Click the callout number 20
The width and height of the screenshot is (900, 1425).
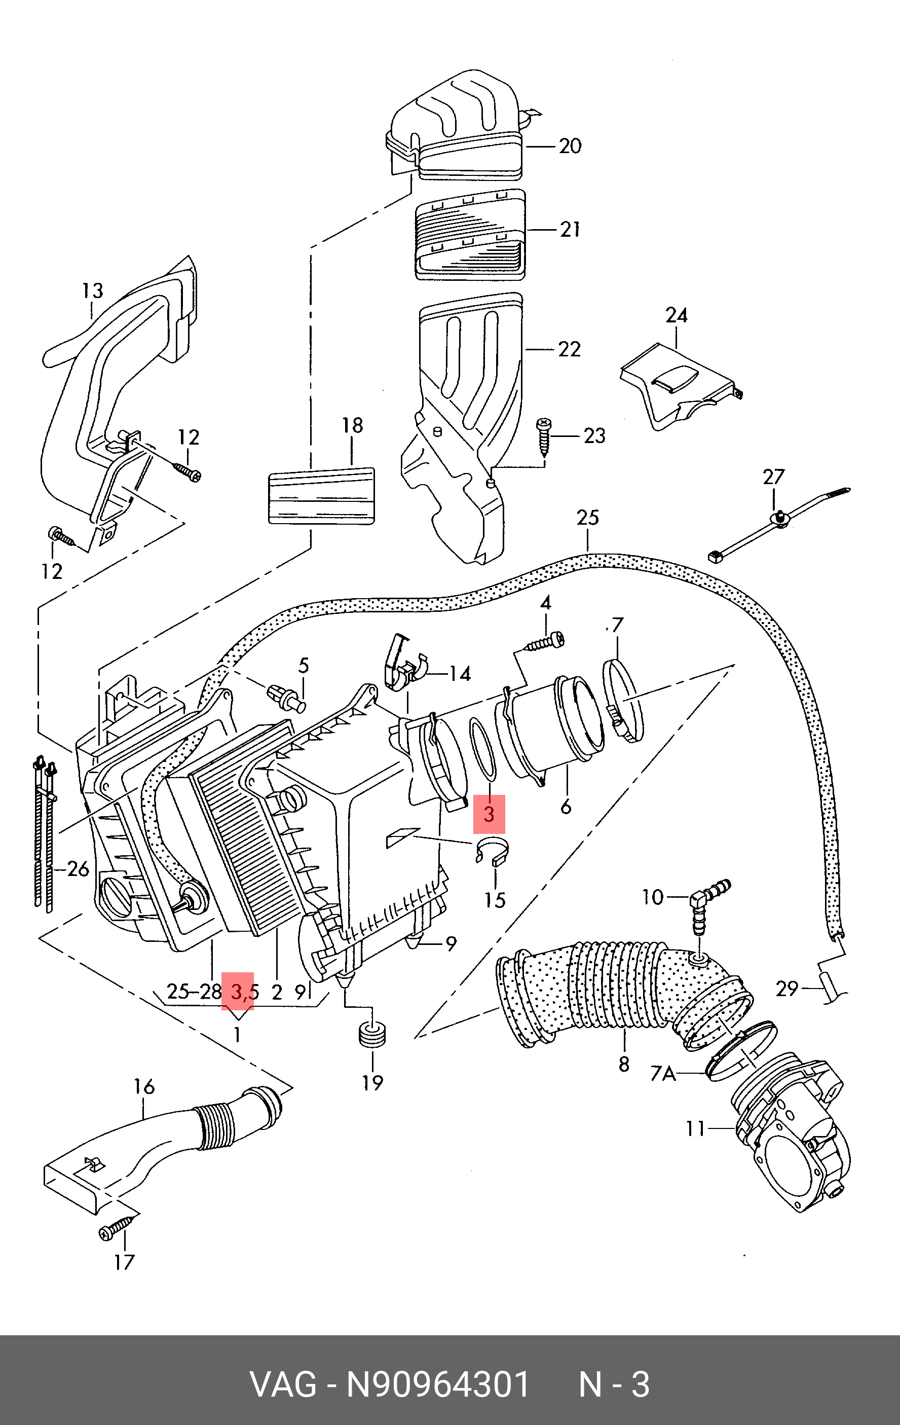[x=570, y=146]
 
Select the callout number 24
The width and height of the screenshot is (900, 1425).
[x=677, y=315]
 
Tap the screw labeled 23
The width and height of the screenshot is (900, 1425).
[x=543, y=436]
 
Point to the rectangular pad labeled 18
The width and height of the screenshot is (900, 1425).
[x=321, y=496]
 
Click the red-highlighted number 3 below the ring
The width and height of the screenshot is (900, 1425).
[x=489, y=814]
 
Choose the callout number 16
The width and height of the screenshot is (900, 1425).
[x=144, y=1086]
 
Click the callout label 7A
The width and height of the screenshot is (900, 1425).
[x=663, y=1073]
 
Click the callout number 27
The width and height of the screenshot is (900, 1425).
[x=773, y=477]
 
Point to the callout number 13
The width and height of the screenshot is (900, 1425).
[x=92, y=290]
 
